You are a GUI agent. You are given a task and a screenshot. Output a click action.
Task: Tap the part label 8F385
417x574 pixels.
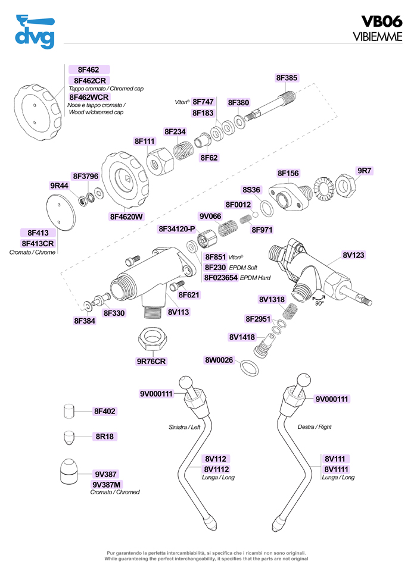click(287, 77)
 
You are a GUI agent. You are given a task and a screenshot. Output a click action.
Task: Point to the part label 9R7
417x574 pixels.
click(364, 171)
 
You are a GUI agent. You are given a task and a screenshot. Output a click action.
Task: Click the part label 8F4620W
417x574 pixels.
click(126, 217)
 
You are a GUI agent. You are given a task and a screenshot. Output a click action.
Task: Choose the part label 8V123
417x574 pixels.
click(353, 255)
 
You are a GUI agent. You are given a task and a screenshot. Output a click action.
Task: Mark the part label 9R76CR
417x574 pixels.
click(151, 361)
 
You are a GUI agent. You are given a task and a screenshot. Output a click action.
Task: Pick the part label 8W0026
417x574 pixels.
click(219, 360)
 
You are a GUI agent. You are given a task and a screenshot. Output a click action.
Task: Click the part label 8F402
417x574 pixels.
click(105, 411)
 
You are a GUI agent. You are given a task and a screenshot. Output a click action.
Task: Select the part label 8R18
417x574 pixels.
click(105, 436)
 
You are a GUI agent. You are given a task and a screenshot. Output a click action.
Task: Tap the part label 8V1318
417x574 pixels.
click(272, 299)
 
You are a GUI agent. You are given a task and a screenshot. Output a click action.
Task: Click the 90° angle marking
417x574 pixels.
click(319, 303)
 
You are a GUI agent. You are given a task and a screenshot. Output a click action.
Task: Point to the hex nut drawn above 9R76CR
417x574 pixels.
click(151, 340)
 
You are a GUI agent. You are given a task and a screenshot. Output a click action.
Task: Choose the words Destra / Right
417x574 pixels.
click(315, 427)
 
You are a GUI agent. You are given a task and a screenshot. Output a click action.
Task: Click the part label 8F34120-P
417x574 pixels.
click(177, 229)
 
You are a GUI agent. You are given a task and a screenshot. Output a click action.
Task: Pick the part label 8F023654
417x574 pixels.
click(221, 278)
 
